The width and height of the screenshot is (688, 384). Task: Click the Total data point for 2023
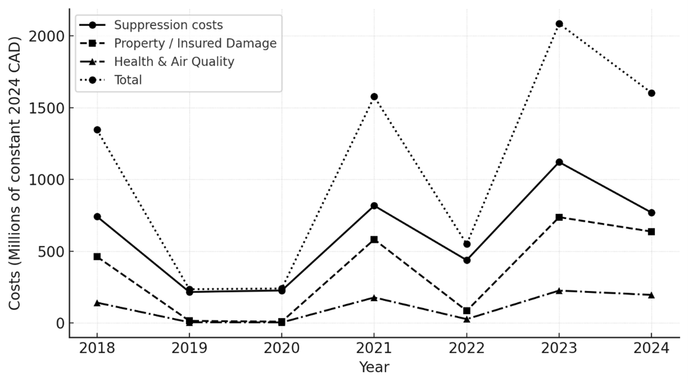tap(559, 24)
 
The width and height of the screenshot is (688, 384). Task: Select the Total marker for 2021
tap(374, 97)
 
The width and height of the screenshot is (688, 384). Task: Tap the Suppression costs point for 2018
tap(97, 216)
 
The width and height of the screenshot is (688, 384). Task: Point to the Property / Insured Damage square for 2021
tap(374, 239)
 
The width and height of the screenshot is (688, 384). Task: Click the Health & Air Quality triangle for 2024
tap(651, 295)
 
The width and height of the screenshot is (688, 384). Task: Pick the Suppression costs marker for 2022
tap(467, 260)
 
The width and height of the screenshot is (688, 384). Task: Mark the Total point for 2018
tap(97, 130)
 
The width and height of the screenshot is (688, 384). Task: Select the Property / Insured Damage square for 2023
tap(559, 217)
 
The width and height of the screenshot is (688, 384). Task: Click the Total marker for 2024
tap(651, 93)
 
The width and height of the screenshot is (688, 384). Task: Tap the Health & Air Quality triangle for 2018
tap(97, 303)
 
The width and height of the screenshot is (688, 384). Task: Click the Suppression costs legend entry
tap(168, 25)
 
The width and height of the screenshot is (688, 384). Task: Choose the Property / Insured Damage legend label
tap(195, 43)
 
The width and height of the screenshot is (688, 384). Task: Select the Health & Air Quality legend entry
tap(174, 62)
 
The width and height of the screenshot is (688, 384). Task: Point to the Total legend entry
tap(128, 80)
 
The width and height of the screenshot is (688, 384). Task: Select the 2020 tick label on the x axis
tap(282, 347)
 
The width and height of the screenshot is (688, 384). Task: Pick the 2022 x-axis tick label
tap(467, 347)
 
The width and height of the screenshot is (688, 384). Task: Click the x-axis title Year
tap(374, 368)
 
